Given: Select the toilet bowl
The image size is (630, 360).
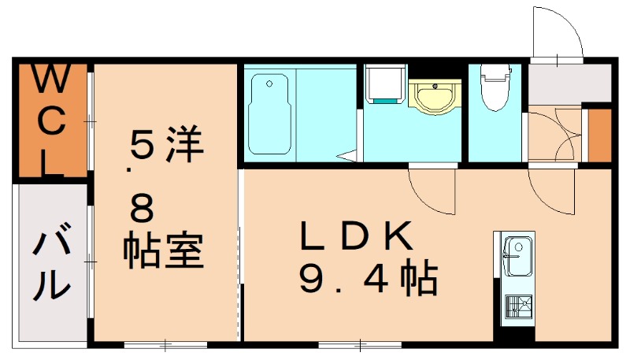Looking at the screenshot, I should (494, 91).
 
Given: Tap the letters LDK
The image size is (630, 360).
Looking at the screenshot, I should (355, 237).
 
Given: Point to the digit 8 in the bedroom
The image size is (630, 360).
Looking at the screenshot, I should (145, 210).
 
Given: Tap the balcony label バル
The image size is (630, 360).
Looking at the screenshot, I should (50, 265).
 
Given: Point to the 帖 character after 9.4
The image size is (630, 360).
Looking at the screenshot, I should (417, 278).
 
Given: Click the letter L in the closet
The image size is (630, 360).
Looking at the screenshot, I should (49, 163).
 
